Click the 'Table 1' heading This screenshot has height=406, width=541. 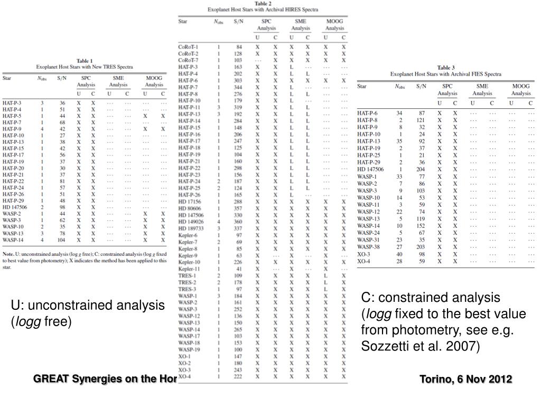(x=85, y=61)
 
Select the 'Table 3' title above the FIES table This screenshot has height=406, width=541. (x=446, y=68)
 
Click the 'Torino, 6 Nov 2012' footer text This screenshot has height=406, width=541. (x=465, y=379)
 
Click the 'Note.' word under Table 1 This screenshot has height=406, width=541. (x=8, y=254)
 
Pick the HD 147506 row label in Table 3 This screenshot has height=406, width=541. (x=370, y=169)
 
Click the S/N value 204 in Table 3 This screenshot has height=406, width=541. (x=421, y=169)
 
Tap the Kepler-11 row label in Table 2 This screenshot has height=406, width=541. (x=189, y=269)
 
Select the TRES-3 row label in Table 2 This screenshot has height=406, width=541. (x=187, y=289)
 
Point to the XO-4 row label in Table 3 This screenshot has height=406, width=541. (x=363, y=261)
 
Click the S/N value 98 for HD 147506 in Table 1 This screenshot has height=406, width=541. (x=62, y=207)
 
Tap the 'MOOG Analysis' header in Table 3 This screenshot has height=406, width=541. (x=520, y=89)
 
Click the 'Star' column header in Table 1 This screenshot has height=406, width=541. (x=7, y=78)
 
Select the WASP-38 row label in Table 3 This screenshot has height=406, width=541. (x=368, y=247)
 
